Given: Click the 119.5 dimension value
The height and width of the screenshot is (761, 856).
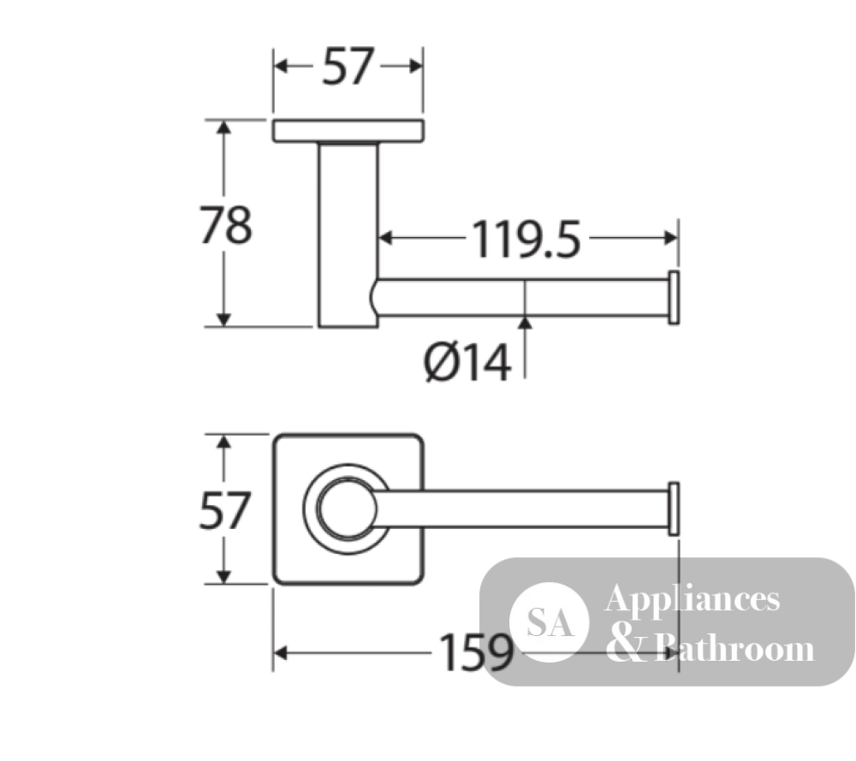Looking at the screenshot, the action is coord(526,239).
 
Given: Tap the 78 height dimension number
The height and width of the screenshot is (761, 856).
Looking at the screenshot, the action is coord(225,225).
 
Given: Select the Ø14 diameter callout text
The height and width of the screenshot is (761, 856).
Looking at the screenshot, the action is coord(468,362).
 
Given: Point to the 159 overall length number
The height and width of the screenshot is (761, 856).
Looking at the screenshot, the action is coord(477,652).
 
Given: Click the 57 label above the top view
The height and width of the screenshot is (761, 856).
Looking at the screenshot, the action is coord(348,66).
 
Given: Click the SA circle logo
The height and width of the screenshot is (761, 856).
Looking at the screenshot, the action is coord(550,622).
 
